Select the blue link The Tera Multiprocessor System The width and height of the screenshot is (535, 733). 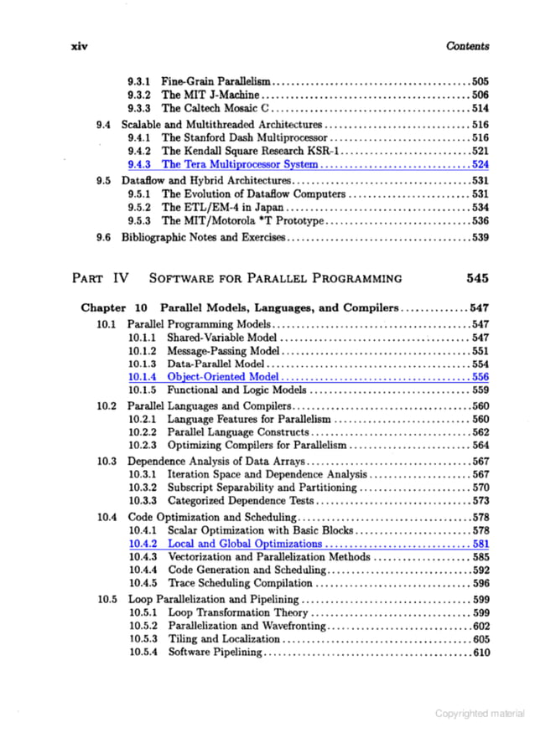(x=240, y=165)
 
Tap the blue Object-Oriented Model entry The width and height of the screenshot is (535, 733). (x=222, y=377)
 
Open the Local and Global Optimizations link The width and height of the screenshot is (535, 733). (x=245, y=544)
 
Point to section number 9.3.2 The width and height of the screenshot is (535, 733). (x=138, y=95)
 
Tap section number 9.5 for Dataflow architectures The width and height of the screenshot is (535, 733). (x=105, y=180)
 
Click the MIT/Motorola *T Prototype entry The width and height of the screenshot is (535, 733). (x=242, y=221)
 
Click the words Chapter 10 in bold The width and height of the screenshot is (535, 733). (x=114, y=307)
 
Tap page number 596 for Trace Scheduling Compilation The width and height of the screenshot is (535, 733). (x=480, y=583)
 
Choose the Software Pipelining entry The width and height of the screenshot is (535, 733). (x=216, y=653)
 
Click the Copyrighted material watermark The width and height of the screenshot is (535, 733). (x=480, y=713)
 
